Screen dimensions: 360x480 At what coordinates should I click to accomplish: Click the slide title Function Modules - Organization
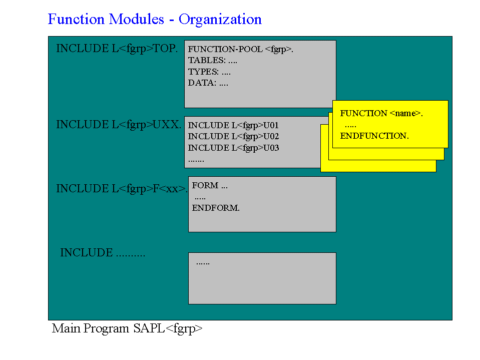(x=155, y=20)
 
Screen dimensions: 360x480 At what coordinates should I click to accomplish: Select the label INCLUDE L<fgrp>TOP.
(x=117, y=49)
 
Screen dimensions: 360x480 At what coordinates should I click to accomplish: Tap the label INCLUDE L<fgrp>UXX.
(x=119, y=125)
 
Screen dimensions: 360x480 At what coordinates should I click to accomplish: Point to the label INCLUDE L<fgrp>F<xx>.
(x=122, y=189)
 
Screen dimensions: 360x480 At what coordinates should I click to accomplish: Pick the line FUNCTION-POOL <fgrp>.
(x=240, y=49)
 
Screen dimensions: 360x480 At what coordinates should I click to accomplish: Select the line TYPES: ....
(x=209, y=72)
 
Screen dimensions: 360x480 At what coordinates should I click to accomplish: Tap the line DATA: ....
(x=208, y=83)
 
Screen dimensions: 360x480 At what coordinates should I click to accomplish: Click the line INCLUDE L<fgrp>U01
(x=233, y=125)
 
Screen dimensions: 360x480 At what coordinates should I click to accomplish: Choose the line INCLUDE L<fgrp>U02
(x=233, y=137)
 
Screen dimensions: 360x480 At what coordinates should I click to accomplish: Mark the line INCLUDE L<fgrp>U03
(x=233, y=148)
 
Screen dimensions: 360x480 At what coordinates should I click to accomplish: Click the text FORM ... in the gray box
(x=210, y=186)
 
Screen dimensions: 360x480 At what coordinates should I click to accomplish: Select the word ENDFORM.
(x=216, y=208)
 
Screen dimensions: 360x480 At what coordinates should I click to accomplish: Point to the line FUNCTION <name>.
(x=381, y=114)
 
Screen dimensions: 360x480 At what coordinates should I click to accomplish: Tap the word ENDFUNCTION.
(x=374, y=136)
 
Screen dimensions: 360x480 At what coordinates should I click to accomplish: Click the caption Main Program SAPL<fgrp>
(x=127, y=329)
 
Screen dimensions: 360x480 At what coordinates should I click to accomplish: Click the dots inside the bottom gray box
(x=203, y=263)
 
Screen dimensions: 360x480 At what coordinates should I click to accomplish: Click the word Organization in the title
(x=220, y=20)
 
